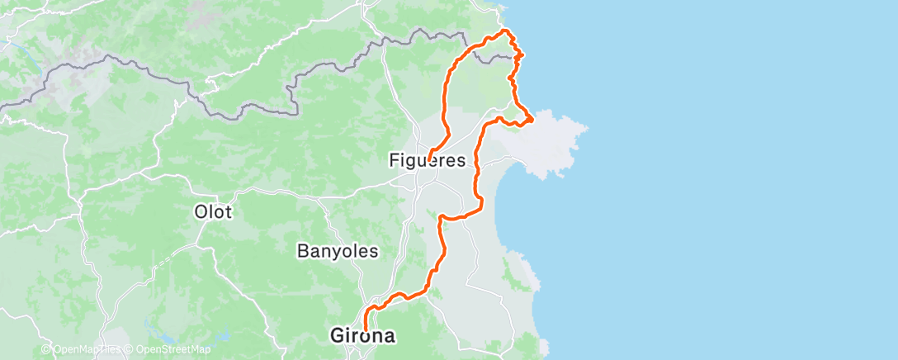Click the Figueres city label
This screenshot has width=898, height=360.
pyautogui.click(x=428, y=160)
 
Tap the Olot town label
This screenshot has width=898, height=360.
pyautogui.click(x=212, y=211)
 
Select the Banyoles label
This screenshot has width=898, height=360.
pyautogui.click(x=337, y=249)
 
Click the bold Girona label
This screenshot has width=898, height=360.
pyautogui.click(x=362, y=336)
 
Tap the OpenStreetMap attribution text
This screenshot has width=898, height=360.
pyautogui.click(x=166, y=350)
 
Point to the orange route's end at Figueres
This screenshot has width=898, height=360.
pyautogui.click(x=430, y=159)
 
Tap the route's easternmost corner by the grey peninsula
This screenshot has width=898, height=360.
pyautogui.click(x=532, y=120)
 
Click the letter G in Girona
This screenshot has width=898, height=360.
pyautogui.click(x=338, y=336)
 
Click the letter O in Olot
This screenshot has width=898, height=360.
pyautogui.click(x=200, y=211)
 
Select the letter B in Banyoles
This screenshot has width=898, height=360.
pyautogui.click(x=301, y=249)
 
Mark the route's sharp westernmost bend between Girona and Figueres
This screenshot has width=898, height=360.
pyautogui.click(x=441, y=217)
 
